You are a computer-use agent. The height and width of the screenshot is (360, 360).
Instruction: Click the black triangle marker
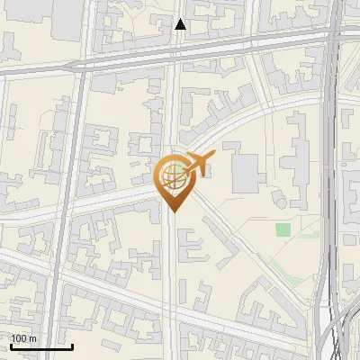coord(180,24)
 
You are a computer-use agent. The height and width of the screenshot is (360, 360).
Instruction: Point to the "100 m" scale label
coord(23,337)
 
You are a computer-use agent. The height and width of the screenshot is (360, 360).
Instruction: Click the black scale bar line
coord(41,346)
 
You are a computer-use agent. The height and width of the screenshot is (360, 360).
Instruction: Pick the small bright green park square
coord(283,229)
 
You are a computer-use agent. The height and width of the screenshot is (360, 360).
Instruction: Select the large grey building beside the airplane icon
coord(245,172)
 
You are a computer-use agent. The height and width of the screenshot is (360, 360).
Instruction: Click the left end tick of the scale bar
coord(11,346)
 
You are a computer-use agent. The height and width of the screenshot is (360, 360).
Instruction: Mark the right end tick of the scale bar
coord(72,346)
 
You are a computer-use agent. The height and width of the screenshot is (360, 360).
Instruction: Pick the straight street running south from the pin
coord(171,288)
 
